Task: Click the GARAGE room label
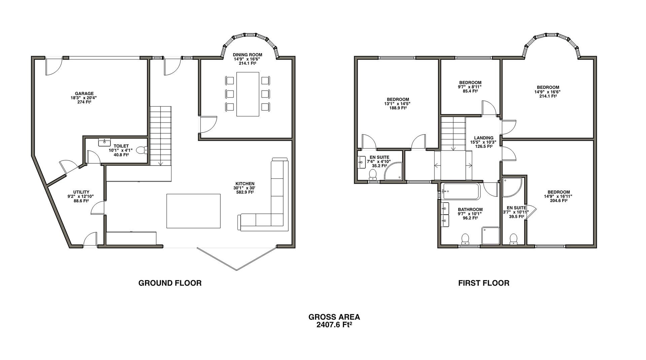(84, 94)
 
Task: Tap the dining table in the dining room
(248, 94)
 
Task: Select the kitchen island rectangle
(193, 211)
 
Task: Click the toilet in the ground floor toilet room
(142, 150)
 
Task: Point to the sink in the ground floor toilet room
(105, 142)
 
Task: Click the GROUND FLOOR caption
(170, 283)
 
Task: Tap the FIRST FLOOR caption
(483, 283)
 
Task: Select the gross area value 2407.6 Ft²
(334, 325)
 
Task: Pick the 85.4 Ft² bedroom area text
(470, 91)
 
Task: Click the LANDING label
(483, 138)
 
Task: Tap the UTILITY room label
(81, 192)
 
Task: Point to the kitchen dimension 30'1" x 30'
(245, 188)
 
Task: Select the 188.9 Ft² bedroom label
(398, 108)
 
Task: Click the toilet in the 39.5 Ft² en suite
(513, 239)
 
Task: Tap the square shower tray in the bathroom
(491, 236)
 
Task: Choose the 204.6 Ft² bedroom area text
(558, 201)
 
